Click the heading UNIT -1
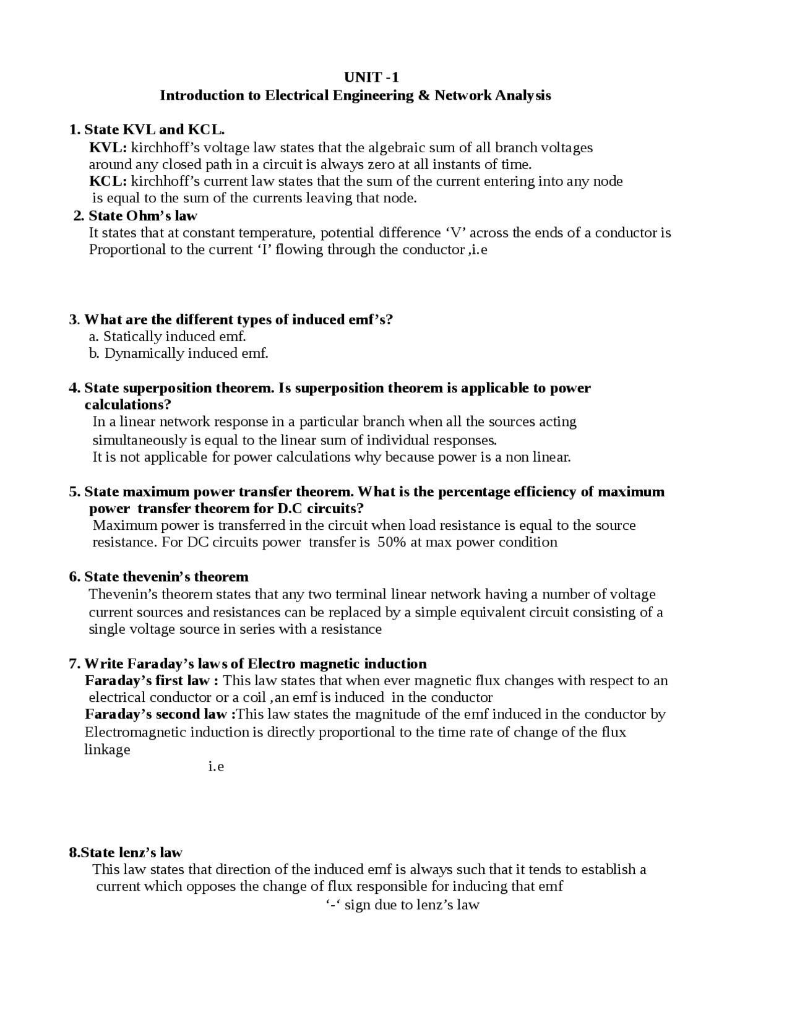pyautogui.click(x=371, y=77)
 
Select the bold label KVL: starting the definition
pyautogui.click(x=108, y=147)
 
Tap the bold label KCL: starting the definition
pyautogui.click(x=108, y=181)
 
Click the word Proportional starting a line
pyautogui.click(x=124, y=249)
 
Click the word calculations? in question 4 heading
pyautogui.click(x=127, y=405)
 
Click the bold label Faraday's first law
pyautogui.click(x=151, y=681)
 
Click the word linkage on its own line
pyautogui.click(x=107, y=750)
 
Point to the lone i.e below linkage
pyautogui.click(x=216, y=767)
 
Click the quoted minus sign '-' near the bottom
pyautogui.click(x=333, y=905)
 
